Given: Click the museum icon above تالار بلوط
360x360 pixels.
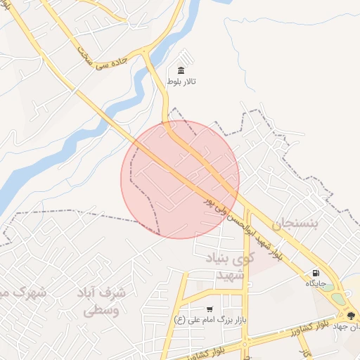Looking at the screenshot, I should point(181,70).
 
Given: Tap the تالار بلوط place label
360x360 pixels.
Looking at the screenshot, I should point(181,82).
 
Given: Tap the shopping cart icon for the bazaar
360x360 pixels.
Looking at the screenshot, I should point(210,309).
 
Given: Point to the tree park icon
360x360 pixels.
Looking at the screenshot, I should point(351,314).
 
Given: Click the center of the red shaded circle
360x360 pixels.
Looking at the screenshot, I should point(180,179).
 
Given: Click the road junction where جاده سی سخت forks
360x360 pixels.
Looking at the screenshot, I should point(145,53).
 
